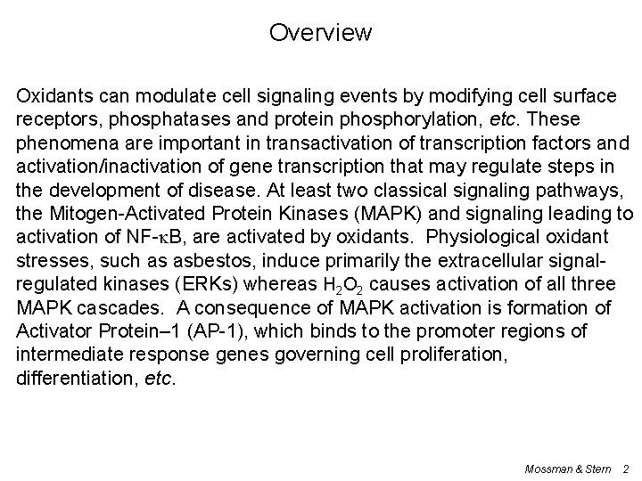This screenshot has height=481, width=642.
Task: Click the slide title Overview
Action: pos(320,34)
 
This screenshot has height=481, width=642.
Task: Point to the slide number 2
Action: pos(626,468)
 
